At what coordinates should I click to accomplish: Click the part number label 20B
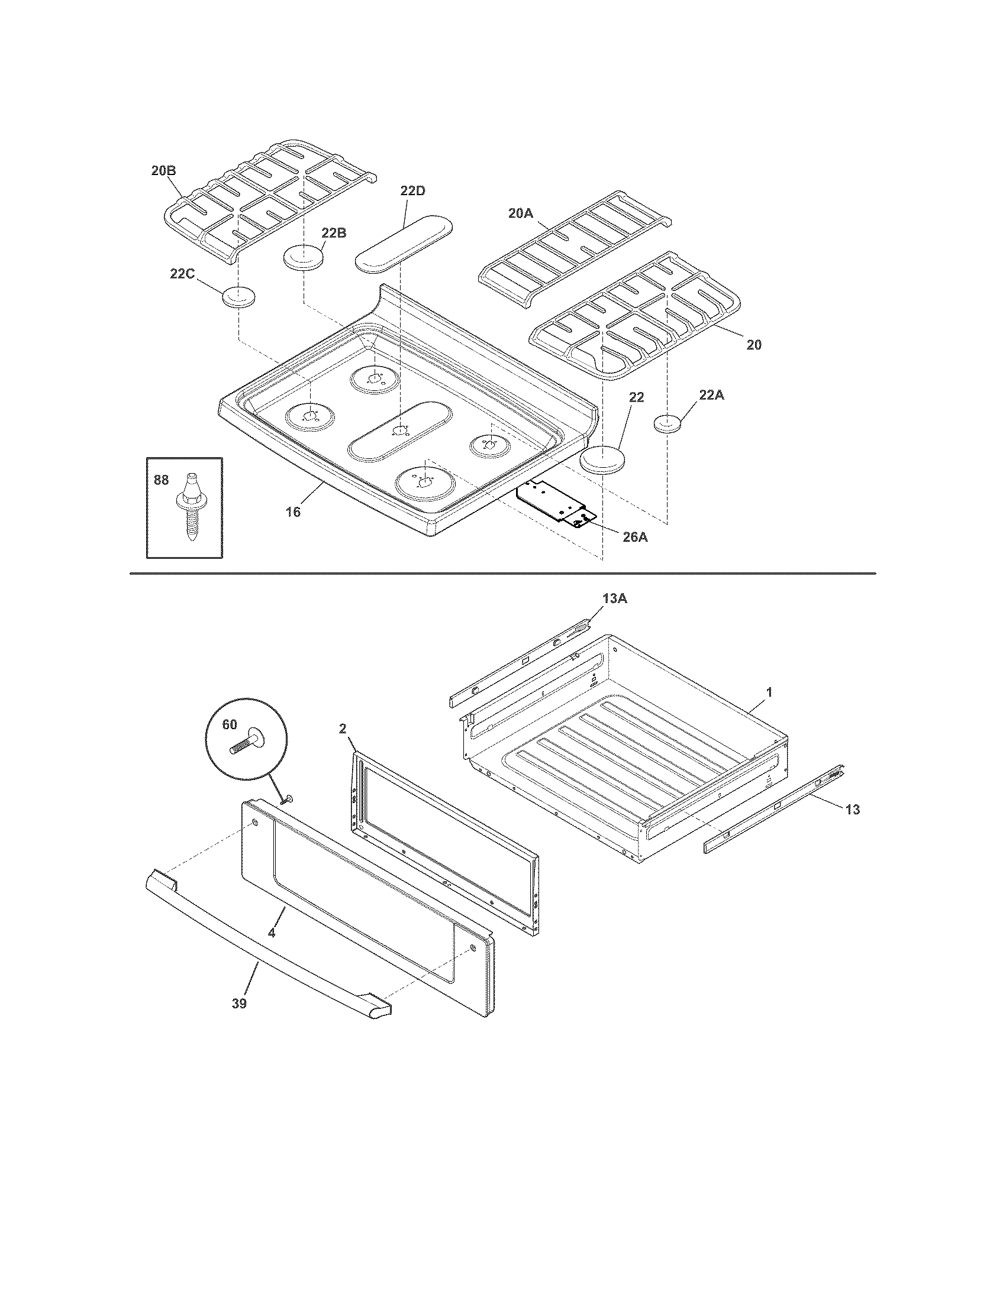click(x=163, y=170)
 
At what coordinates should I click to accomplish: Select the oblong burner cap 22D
click(x=404, y=243)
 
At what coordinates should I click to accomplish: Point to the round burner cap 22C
click(x=238, y=296)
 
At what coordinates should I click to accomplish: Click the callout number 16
click(x=292, y=511)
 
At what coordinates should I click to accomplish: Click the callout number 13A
click(x=614, y=599)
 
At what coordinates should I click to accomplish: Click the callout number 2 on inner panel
click(x=343, y=728)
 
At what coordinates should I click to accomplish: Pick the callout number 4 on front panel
click(x=272, y=933)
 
